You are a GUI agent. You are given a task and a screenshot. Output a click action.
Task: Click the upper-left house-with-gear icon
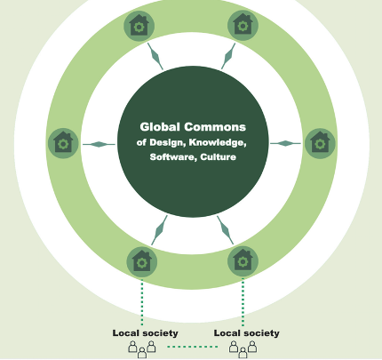(x=139, y=26)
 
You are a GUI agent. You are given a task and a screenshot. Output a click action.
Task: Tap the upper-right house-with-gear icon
(x=243, y=26)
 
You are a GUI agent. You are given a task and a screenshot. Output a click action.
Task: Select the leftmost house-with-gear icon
(x=63, y=143)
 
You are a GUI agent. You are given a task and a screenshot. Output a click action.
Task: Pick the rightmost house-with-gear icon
(x=320, y=143)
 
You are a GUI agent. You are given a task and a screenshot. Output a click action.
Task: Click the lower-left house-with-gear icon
(x=142, y=262)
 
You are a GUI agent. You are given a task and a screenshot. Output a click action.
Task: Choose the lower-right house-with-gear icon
(x=243, y=261)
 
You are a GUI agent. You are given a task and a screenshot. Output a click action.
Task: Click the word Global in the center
(x=160, y=127)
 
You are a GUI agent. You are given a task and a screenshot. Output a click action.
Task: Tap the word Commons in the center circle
(x=215, y=127)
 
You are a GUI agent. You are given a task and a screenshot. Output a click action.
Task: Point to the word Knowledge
(x=218, y=142)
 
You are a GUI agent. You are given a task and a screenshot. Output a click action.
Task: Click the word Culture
(x=219, y=156)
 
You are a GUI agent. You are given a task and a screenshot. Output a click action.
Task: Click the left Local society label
(x=145, y=333)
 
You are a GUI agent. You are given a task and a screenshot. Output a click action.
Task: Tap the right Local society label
(x=247, y=333)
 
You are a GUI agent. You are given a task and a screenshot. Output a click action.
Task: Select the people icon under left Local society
(x=142, y=349)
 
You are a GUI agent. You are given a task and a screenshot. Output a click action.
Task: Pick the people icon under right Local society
(x=243, y=349)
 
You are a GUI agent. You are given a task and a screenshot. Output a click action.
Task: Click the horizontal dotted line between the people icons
(x=193, y=347)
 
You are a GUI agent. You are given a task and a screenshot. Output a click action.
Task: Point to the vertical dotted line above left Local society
(x=142, y=302)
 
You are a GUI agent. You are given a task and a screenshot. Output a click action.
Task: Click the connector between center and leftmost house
(x=99, y=144)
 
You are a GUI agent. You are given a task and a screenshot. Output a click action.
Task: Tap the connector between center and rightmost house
(x=285, y=143)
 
